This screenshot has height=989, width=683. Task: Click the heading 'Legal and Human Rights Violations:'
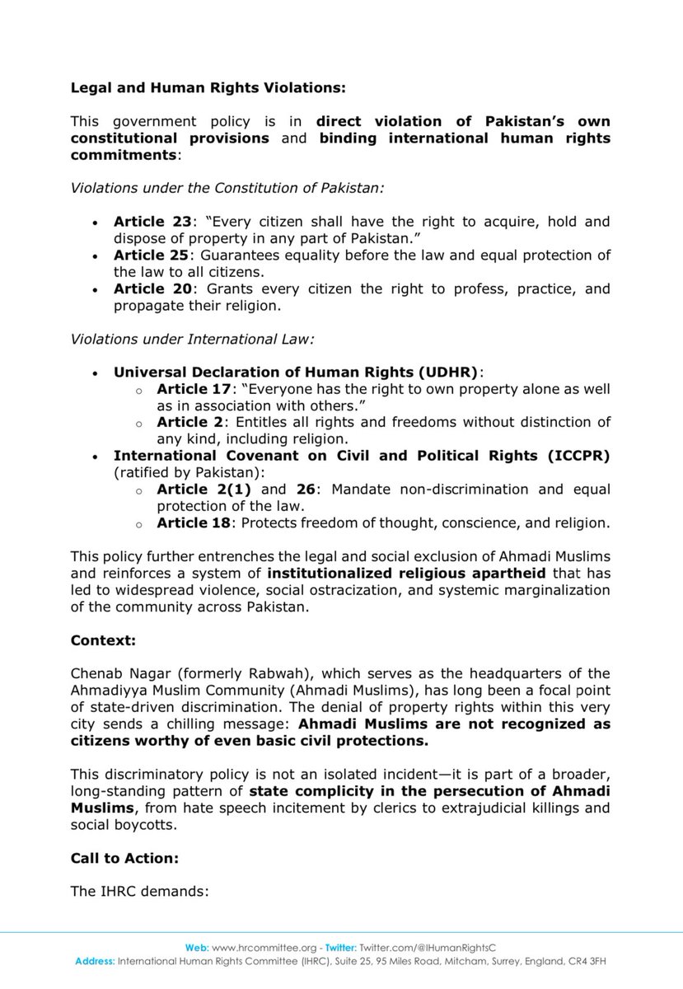point(197,84)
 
